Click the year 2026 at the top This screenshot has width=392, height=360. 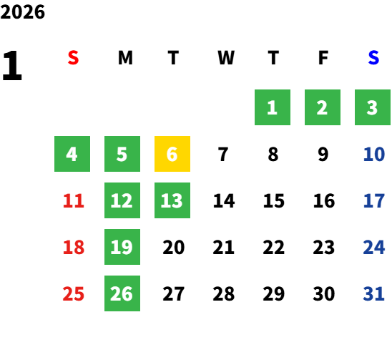[22, 12]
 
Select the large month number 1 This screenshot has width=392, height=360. [12, 66]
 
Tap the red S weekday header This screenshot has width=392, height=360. [73, 58]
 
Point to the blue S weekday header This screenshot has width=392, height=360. [373, 58]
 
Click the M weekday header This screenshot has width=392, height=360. [125, 58]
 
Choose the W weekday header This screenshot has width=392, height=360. [226, 58]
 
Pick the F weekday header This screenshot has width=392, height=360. [323, 58]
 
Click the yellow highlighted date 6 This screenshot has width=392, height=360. [172, 154]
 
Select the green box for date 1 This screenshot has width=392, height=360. [273, 107]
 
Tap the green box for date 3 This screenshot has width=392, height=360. [373, 107]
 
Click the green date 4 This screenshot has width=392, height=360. [72, 154]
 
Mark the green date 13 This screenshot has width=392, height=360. [172, 200]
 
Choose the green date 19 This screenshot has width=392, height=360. [122, 247]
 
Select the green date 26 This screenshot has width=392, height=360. [122, 293]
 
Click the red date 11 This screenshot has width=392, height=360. [74, 200]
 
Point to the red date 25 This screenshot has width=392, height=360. [74, 293]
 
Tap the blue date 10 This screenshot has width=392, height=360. [374, 154]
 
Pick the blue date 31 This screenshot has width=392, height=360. [373, 293]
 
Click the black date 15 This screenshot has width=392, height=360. [274, 200]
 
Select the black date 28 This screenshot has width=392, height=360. [223, 293]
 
